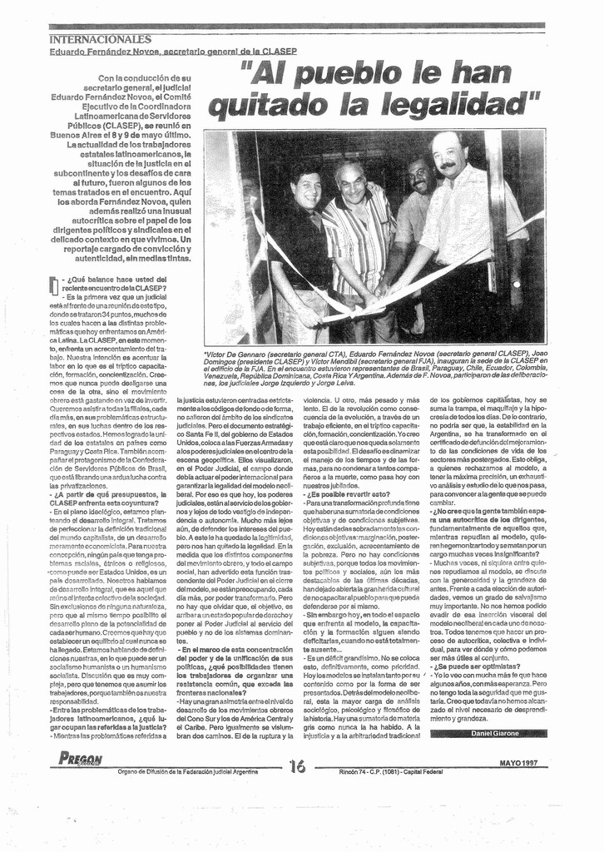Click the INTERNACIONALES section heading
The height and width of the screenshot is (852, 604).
pos(100,39)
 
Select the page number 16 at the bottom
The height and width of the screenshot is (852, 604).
pos(297,765)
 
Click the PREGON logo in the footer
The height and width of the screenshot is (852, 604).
pos(81,758)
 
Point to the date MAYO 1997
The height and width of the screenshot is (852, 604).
pos(518,762)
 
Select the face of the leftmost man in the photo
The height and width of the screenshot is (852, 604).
pos(307,191)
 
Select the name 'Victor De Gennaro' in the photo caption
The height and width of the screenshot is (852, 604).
pos(242,354)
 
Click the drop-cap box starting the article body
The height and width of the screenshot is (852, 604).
pos(54,285)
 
